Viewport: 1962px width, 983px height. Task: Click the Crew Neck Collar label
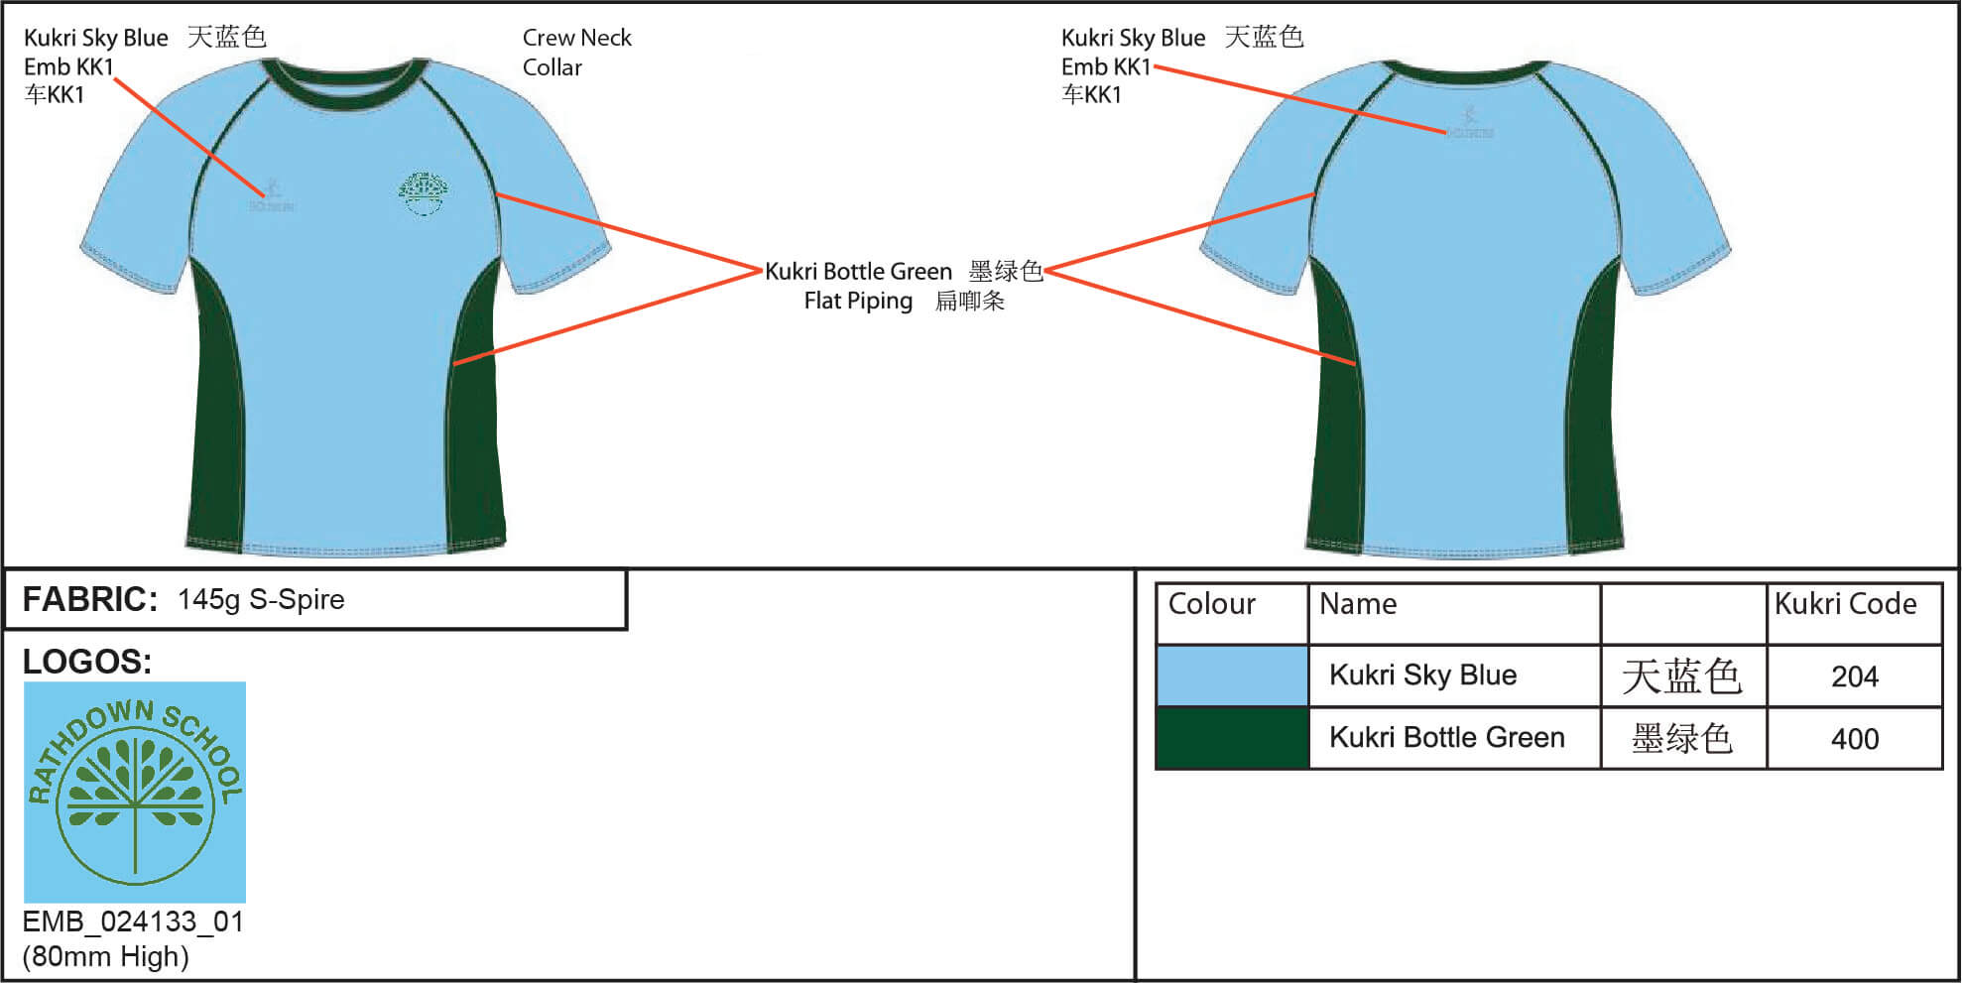(x=576, y=53)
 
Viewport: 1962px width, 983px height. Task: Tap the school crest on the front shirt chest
(x=424, y=192)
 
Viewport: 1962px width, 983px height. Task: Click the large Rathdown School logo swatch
(x=135, y=792)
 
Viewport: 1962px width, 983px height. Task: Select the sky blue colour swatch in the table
(x=1232, y=676)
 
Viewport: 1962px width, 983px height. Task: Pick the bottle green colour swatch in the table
(x=1232, y=738)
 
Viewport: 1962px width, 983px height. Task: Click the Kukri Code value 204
(x=1854, y=676)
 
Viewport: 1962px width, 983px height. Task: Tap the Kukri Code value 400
(x=1854, y=739)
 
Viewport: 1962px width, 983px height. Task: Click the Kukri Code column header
(x=1845, y=604)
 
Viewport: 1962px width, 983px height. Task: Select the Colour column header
(x=1211, y=604)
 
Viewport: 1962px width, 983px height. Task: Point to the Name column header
(x=1357, y=604)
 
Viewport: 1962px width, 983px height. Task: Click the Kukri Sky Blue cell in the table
(x=1422, y=676)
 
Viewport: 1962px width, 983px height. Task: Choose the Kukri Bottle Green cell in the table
(x=1446, y=738)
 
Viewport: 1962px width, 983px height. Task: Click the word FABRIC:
(x=89, y=599)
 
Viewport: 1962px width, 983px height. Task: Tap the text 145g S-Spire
(x=261, y=599)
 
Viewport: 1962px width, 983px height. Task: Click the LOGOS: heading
(x=87, y=662)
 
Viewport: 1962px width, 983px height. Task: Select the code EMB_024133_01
(x=133, y=922)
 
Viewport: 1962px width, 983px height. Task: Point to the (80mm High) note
(x=105, y=956)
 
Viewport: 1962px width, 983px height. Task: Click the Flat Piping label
(x=858, y=301)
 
